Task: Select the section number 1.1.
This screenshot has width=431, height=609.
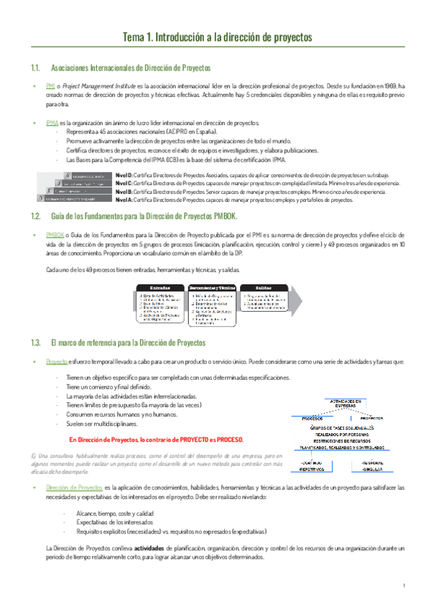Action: pyautogui.click(x=35, y=68)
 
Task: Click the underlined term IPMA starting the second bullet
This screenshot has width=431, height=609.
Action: pyautogui.click(x=52, y=123)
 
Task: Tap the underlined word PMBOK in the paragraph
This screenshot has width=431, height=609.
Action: pyautogui.click(x=54, y=234)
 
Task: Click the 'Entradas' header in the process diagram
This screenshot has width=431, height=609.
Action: pyautogui.click(x=160, y=287)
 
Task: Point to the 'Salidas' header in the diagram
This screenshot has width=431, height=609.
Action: pyautogui.click(x=264, y=287)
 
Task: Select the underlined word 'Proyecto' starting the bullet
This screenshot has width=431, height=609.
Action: pyautogui.click(x=56, y=362)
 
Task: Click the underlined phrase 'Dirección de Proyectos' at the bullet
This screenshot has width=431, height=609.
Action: pyautogui.click(x=73, y=487)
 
